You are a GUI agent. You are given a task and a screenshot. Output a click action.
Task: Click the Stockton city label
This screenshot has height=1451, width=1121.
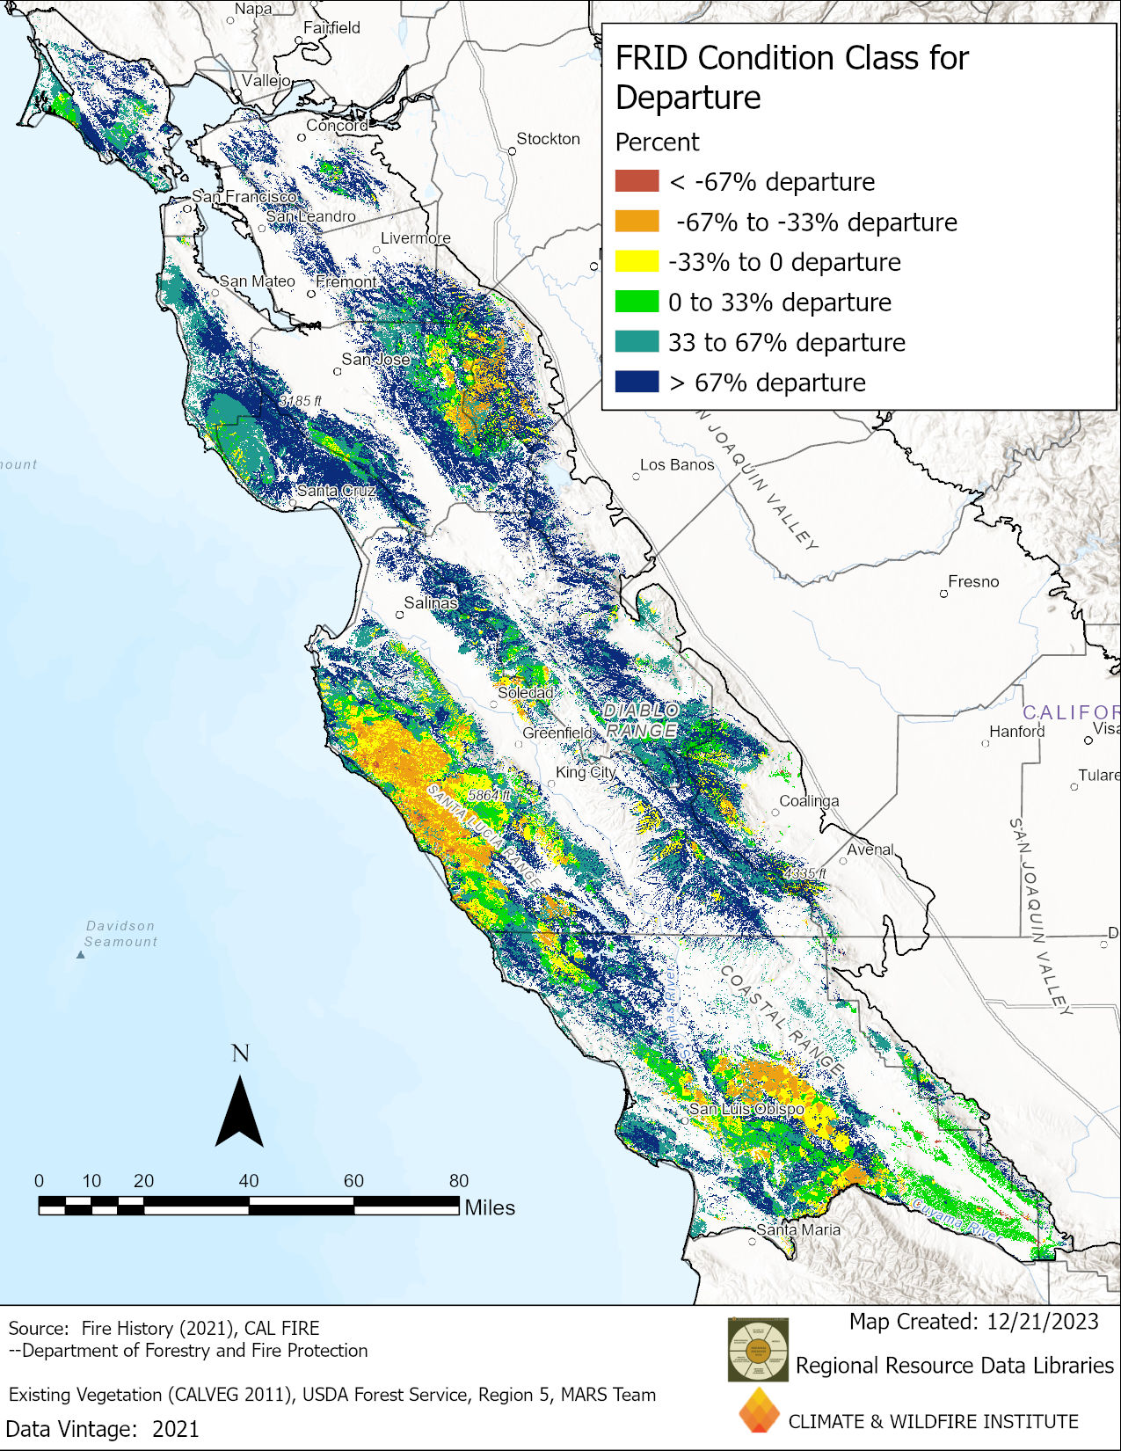tap(548, 139)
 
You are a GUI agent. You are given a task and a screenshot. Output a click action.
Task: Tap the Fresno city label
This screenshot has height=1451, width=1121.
tap(973, 581)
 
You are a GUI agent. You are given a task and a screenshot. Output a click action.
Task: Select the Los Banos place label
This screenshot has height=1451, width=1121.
tap(677, 464)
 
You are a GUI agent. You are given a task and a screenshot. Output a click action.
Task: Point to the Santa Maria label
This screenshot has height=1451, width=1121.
tap(798, 1229)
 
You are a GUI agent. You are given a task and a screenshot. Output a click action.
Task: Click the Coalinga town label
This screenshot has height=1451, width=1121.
tap(809, 801)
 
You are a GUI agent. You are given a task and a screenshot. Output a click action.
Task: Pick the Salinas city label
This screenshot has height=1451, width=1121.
tap(431, 602)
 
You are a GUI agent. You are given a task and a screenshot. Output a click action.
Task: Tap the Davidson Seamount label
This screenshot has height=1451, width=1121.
tap(120, 934)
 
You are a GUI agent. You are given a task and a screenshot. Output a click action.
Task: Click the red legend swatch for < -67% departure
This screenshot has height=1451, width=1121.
tap(637, 181)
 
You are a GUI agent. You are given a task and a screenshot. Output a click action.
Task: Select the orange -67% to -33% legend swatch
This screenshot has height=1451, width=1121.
tap(637, 222)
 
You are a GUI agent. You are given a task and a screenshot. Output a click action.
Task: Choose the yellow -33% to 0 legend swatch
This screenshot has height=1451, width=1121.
tap(637, 262)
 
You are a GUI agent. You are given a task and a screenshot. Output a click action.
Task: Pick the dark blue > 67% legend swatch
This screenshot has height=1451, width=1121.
tap(637, 382)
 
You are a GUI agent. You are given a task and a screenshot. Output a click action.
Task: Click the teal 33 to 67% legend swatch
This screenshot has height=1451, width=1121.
tap(637, 342)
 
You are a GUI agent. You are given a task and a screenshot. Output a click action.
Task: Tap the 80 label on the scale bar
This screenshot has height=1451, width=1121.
tap(459, 1181)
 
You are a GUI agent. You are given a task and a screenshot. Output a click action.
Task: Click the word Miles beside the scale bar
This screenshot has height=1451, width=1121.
tap(490, 1207)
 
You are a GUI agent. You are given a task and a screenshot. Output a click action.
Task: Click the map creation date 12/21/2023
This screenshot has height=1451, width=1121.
tap(1042, 1322)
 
